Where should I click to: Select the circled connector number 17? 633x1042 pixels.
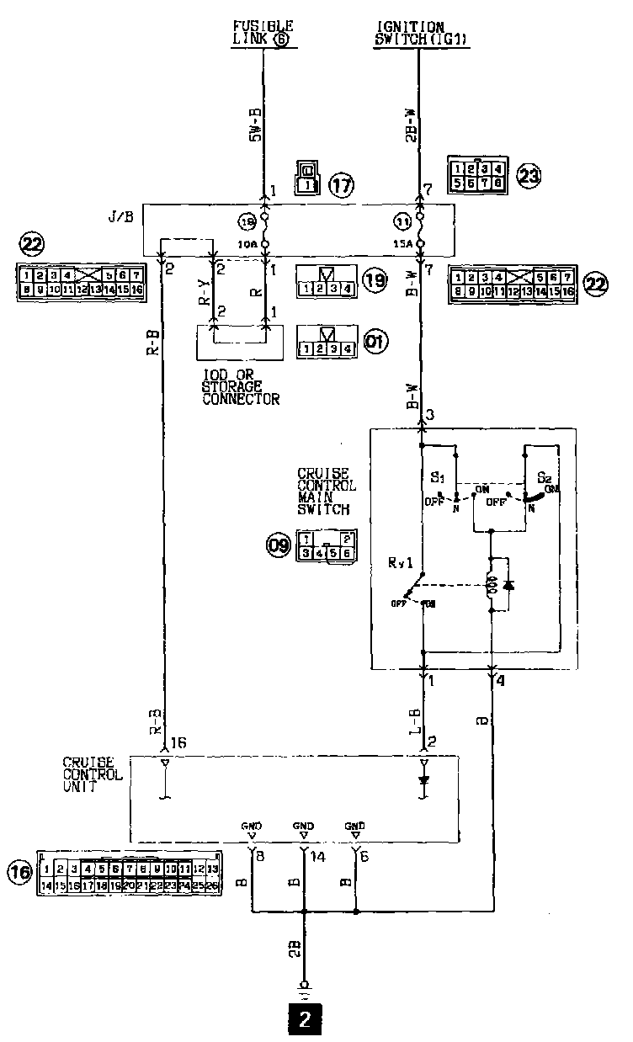(340, 184)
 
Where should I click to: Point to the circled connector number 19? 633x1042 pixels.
(376, 280)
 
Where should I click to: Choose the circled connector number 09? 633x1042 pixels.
(278, 546)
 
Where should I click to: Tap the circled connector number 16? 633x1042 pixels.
(20, 873)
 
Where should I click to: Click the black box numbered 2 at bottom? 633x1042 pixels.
(305, 1020)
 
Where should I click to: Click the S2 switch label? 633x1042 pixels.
(545, 476)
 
